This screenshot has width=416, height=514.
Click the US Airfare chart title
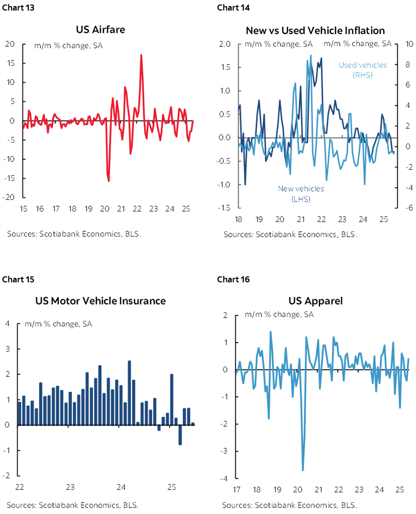(x=100, y=30)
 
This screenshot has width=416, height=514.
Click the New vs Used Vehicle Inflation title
(x=315, y=31)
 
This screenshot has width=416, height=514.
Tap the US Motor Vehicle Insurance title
(x=100, y=301)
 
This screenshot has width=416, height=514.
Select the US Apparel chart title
(x=315, y=301)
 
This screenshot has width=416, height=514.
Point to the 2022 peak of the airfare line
(x=141, y=55)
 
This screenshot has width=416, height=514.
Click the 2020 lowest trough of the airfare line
(x=109, y=180)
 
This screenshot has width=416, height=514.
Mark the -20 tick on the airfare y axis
(x=11, y=197)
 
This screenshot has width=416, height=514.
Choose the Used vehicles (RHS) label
(x=362, y=70)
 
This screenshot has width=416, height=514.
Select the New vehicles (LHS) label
(x=301, y=193)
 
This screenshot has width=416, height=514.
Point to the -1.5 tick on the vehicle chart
(x=224, y=208)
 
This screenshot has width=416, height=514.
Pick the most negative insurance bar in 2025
(x=180, y=435)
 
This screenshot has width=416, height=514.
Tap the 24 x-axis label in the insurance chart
(x=121, y=487)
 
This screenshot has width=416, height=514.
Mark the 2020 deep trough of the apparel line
(x=303, y=470)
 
